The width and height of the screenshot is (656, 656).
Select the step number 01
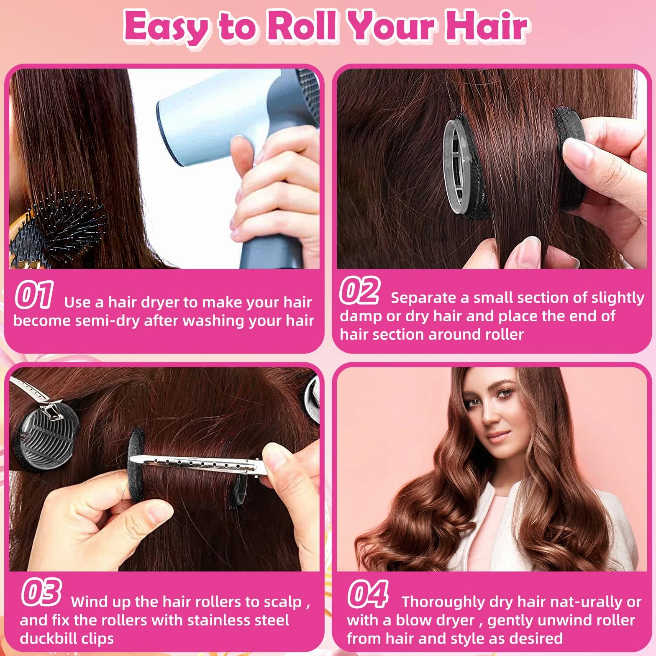(34, 295)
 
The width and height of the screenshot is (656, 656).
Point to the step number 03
(41, 592)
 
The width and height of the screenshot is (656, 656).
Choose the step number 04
(368, 594)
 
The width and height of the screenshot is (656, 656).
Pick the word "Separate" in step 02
(423, 298)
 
